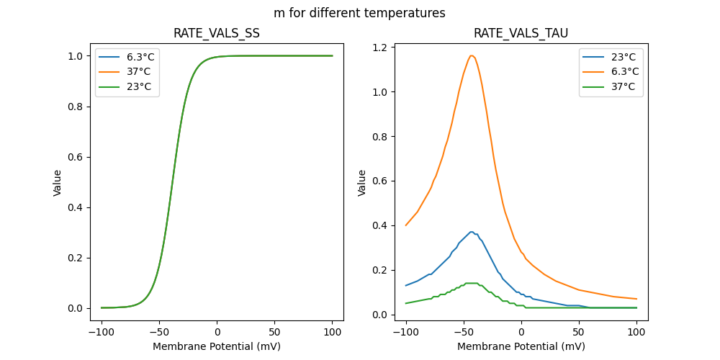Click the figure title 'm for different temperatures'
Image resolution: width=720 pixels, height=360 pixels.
[359, 13]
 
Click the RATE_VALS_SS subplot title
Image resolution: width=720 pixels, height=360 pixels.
[217, 34]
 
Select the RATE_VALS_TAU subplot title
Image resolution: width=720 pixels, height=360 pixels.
[521, 34]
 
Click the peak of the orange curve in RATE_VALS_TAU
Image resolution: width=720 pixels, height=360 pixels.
[472, 55]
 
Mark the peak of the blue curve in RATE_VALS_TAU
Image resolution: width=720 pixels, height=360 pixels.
[472, 232]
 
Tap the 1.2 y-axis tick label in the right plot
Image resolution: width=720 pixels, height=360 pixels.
[379, 48]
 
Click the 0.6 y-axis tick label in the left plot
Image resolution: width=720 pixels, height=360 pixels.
[75, 157]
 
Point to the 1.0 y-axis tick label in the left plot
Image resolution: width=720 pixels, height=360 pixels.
[75, 56]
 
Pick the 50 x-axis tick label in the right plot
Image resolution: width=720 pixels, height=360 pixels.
[579, 333]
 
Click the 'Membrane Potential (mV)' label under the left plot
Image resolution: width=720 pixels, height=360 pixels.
[217, 346]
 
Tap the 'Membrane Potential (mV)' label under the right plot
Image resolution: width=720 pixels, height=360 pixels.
[521, 346]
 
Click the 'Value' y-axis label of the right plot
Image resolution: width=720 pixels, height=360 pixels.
[362, 182]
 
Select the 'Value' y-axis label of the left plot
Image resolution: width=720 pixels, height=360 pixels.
[58, 182]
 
